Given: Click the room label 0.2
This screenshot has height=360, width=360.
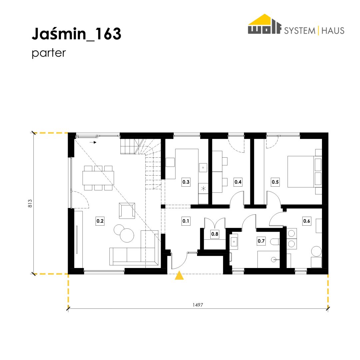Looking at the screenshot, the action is click(100, 221).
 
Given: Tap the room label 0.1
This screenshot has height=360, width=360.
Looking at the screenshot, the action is click(186, 221).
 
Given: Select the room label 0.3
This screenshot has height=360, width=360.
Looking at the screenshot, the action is click(186, 182).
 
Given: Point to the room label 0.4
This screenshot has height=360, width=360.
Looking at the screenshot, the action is click(238, 182).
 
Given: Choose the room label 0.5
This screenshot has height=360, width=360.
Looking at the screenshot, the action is click(275, 182).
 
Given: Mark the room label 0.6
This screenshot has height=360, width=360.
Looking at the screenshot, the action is click(307, 221).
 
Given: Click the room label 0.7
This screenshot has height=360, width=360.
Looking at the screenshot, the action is click(261, 241).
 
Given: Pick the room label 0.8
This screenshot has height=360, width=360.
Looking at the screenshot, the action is click(215, 234).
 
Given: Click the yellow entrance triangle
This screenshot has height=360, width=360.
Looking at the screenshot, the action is click(179, 276).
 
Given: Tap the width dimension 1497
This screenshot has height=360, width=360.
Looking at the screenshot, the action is click(198, 305).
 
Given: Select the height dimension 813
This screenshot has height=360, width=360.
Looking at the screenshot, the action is click(30, 203).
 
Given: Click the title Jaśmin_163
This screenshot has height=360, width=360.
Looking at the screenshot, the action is click(76, 34).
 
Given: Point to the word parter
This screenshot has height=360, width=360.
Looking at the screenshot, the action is click(49, 53).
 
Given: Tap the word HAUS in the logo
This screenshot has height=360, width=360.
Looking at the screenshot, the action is click(333, 31).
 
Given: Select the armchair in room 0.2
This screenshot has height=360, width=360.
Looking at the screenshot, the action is click(127, 211).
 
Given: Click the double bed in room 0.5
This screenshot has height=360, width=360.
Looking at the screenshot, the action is click(304, 172).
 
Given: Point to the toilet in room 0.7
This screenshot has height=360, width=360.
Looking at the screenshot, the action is click(275, 242).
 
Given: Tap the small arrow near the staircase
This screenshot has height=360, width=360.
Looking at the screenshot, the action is click(93, 142).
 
